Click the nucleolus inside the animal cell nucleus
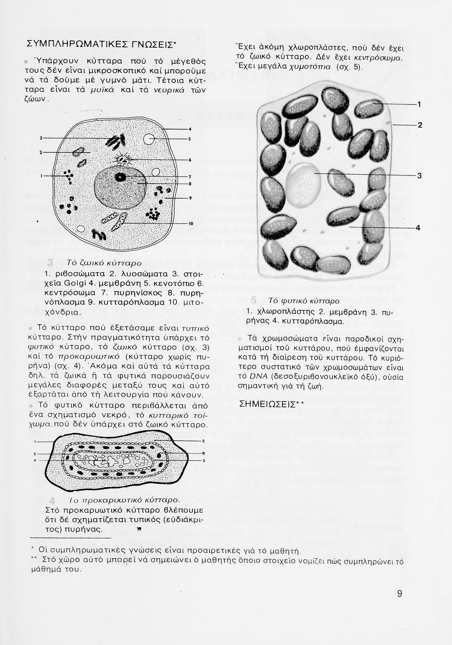(x=121, y=177)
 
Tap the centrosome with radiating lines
(x=123, y=160)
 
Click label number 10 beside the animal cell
(x=190, y=224)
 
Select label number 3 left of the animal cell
(x=40, y=138)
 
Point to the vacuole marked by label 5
(x=149, y=139)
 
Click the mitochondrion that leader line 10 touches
(x=119, y=221)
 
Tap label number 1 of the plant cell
(x=419, y=104)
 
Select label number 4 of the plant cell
(x=418, y=227)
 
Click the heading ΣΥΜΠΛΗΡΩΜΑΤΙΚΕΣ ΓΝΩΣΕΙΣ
(x=101, y=44)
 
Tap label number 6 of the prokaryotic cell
(x=202, y=453)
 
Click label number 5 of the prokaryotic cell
(x=35, y=454)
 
